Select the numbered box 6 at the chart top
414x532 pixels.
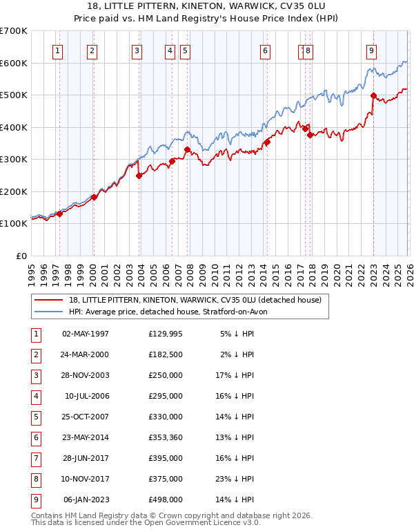coord(265,50)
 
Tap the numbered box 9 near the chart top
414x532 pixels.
coord(371,50)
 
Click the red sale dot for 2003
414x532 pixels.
coord(139,175)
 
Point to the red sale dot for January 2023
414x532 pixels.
coord(373,96)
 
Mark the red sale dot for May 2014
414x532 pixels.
coord(266,142)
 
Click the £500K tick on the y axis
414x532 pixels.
coord(14,95)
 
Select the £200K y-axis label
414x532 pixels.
coord(14,191)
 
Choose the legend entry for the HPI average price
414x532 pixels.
coord(172,312)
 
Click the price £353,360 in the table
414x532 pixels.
coord(166,437)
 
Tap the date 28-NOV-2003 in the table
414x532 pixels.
coord(86,375)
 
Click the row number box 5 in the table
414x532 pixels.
coord(34,417)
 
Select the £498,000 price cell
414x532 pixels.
coord(166,499)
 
